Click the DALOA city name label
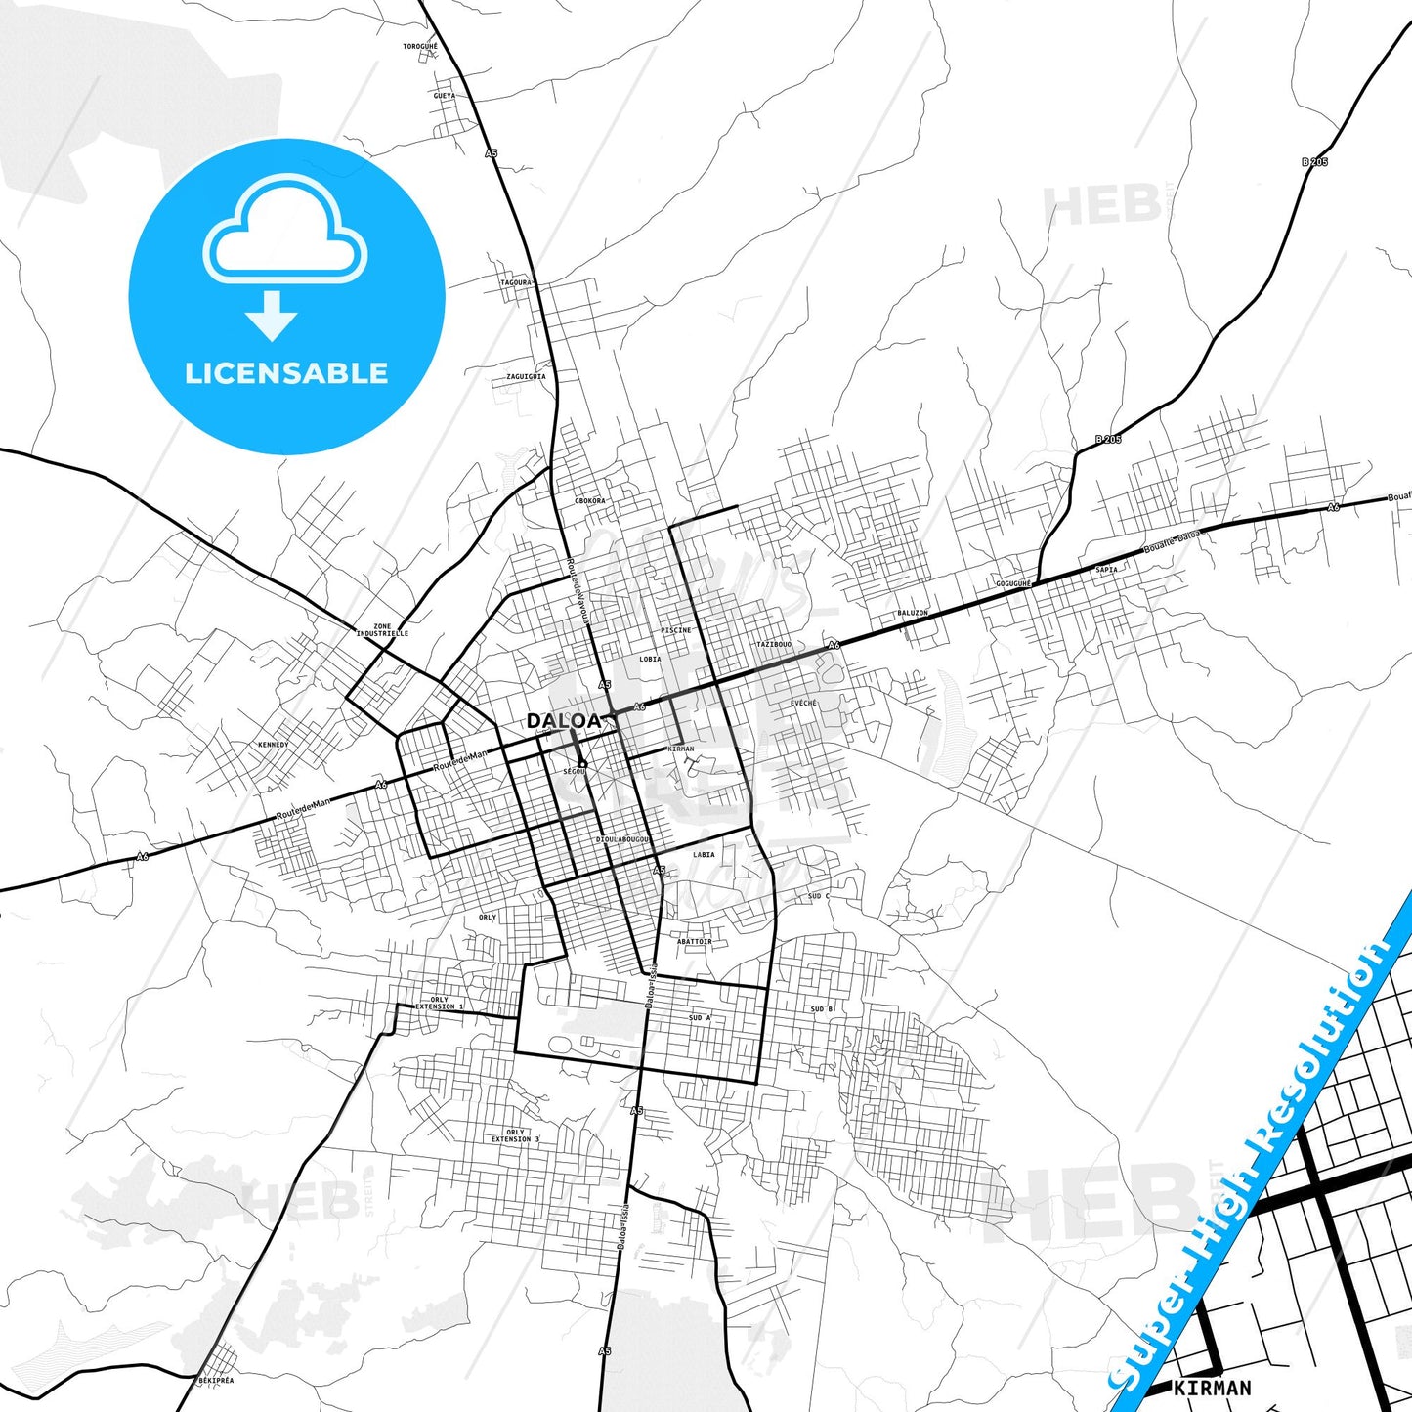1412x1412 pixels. pos(564,721)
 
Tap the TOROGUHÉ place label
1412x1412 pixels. pos(421,46)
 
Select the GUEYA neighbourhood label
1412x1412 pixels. pos(445,96)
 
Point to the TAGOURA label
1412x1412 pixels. pos(516,282)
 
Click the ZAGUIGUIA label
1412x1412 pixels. pos(526,376)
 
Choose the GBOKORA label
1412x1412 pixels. pos(589,500)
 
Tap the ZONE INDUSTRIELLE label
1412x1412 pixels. pos(382,630)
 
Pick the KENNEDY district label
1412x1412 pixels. pos(273,745)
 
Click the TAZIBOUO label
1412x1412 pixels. pos(773,645)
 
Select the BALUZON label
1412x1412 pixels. pos(912,613)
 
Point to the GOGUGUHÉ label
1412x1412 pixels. pos(1013,583)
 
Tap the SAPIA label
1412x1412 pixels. pos(1106,569)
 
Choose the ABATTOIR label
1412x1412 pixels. pos(694,941)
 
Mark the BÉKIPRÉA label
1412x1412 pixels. pos(216,1380)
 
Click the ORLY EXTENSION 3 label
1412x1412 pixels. pos(515,1135)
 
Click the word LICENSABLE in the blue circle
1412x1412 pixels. pos(286,372)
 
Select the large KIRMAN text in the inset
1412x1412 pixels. pos(1212,1388)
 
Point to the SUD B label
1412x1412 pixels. pos(822,1008)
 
